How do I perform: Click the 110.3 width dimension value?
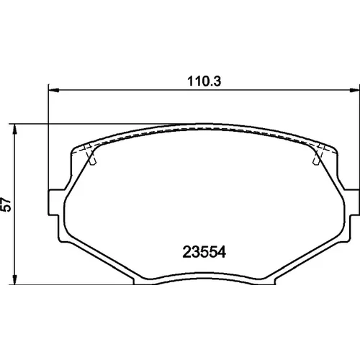[x=204, y=81]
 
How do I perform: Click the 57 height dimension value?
[x=6, y=204]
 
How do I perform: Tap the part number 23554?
[x=204, y=252]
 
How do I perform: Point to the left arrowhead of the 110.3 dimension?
[x=53, y=90]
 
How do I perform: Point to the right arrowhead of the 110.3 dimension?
[x=355, y=90]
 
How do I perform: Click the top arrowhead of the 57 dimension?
[x=15, y=130]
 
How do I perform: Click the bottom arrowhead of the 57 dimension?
[x=15, y=279]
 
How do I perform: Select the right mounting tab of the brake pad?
[x=352, y=202]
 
